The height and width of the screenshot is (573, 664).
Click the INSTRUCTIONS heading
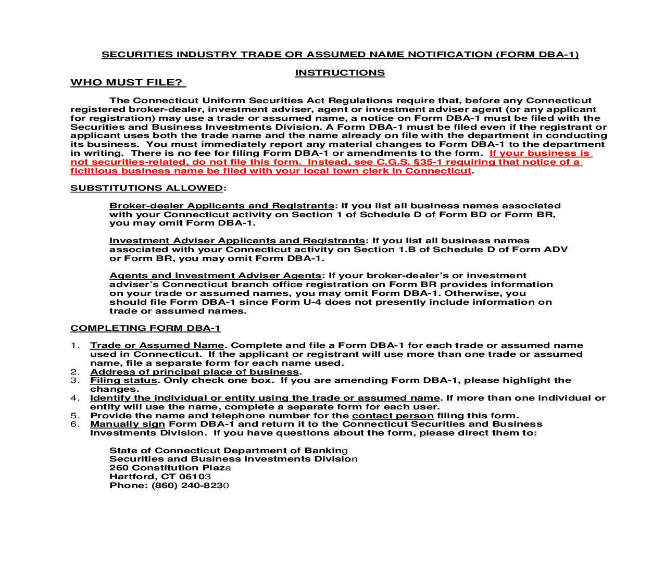tap(340, 73)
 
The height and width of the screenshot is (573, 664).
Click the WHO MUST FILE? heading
tap(128, 83)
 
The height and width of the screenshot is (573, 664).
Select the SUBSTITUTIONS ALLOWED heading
tap(147, 188)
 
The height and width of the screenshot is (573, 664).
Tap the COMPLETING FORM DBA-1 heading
tap(145, 328)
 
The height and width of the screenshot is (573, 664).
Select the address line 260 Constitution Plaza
tap(170, 468)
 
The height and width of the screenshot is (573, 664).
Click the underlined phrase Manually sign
tap(128, 424)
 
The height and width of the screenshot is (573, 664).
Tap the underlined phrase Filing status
tap(123, 380)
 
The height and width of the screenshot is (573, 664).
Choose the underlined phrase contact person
tap(393, 416)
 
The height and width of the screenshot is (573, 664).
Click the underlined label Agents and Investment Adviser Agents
tap(215, 276)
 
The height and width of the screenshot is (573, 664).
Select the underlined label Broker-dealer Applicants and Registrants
tap(221, 206)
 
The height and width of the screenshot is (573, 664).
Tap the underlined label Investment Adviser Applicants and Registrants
tap(237, 241)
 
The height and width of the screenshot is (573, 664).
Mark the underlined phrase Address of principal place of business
tap(195, 372)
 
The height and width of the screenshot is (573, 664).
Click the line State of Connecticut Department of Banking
tap(228, 451)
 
